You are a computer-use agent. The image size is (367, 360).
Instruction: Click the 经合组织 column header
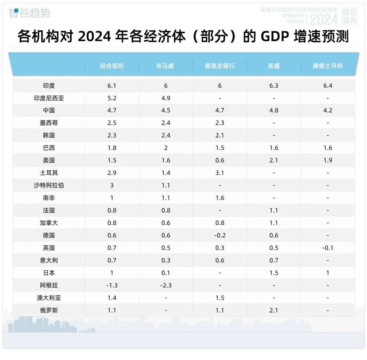(x=112, y=66)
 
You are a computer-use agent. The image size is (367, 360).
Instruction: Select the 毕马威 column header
(x=166, y=66)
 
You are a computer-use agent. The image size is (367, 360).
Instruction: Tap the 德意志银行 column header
(x=220, y=66)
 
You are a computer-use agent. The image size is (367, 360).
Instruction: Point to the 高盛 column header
(x=274, y=66)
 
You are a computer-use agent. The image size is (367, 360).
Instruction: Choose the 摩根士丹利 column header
(x=328, y=66)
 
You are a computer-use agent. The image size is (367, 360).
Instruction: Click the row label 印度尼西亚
(x=49, y=98)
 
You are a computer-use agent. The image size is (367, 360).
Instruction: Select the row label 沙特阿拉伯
(x=49, y=185)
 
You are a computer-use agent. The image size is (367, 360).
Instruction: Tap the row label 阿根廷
(x=49, y=285)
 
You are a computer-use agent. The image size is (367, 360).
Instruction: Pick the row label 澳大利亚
(x=49, y=298)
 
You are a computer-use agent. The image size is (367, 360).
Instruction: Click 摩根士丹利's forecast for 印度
(x=328, y=86)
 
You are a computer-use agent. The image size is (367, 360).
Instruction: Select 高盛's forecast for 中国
(x=274, y=110)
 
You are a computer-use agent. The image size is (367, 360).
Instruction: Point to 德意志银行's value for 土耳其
(x=220, y=173)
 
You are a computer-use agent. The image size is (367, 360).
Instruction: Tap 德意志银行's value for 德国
(x=220, y=235)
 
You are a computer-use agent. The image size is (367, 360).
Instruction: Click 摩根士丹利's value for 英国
(x=328, y=248)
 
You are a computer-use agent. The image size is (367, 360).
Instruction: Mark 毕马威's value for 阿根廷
(x=166, y=285)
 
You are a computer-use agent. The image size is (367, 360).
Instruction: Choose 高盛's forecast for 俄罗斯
(x=274, y=310)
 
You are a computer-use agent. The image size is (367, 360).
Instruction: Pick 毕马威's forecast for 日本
(x=166, y=273)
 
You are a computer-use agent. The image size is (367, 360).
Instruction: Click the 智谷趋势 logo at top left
(x=29, y=13)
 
